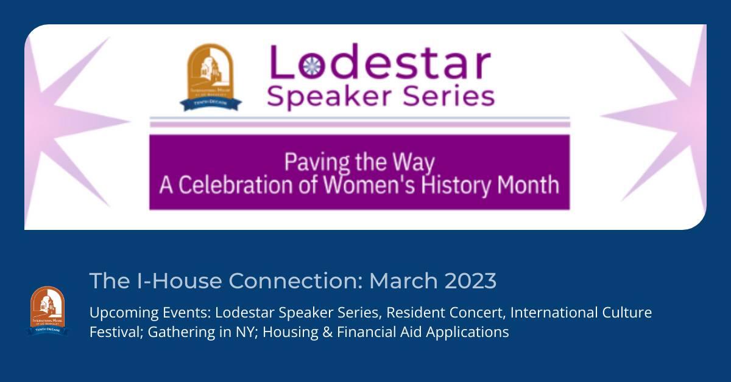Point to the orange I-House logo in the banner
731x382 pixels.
click(x=211, y=77)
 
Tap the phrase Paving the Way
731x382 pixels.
click(x=360, y=163)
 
